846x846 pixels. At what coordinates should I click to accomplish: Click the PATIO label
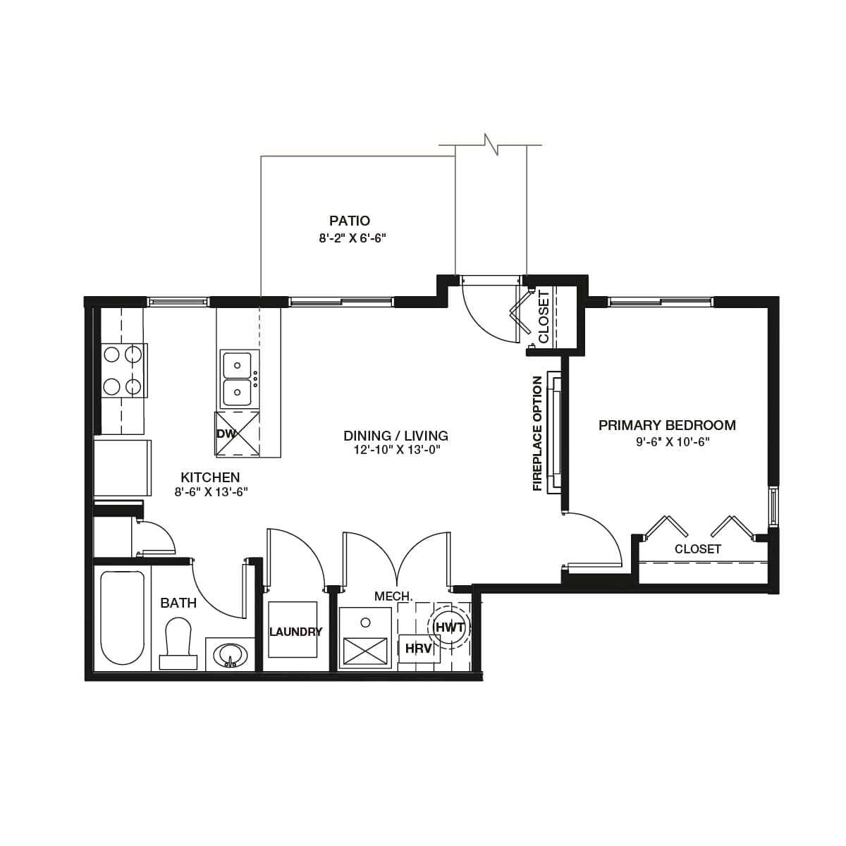350,221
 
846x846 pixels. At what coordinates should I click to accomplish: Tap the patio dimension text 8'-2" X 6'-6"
352,238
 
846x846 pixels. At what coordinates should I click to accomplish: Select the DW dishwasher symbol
237,434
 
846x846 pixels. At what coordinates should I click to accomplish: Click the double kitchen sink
240,379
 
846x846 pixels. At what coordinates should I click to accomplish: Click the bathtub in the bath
122,618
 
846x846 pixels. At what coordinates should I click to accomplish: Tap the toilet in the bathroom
178,643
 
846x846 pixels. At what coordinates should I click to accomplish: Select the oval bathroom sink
230,656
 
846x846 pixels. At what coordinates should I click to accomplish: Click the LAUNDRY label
295,632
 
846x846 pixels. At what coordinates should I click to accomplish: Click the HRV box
419,649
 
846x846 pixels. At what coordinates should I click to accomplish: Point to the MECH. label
393,596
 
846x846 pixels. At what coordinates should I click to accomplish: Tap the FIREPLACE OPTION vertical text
537,434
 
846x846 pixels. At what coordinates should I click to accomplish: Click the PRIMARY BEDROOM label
667,425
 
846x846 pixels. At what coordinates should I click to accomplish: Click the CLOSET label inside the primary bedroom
698,549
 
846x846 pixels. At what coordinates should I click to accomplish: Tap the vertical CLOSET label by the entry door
544,317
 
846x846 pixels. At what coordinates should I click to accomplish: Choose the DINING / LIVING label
396,436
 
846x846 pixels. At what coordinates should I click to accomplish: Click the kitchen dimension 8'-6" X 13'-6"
211,492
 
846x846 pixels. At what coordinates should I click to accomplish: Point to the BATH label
178,603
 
